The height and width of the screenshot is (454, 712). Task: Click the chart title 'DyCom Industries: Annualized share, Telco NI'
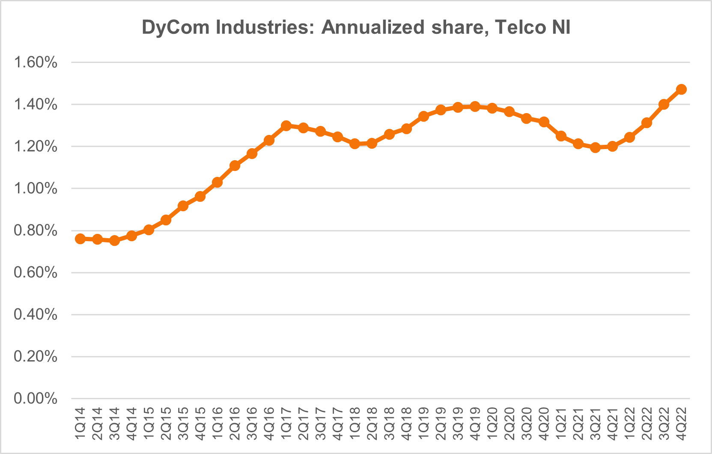pos(356,28)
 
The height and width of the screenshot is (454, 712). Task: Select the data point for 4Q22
pos(681,90)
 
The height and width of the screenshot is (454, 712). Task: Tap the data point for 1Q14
pos(80,239)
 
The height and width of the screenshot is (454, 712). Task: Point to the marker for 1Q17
pos(286,126)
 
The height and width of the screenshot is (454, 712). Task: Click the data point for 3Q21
pos(595,148)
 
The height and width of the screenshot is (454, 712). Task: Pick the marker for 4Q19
pos(475,107)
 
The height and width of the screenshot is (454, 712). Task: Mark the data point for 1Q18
pos(355,144)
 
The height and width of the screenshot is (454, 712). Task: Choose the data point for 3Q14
pos(114,241)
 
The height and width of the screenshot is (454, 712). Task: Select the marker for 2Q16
pos(235,166)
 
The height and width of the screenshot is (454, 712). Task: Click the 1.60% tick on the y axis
pos(36,63)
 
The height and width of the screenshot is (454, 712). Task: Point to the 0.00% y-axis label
pos(36,399)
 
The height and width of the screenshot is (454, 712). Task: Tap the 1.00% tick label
pos(36,189)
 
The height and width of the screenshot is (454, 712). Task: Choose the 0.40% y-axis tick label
pos(36,315)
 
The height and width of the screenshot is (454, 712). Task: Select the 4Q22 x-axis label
pos(682,424)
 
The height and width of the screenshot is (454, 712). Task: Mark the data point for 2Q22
pos(646,123)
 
